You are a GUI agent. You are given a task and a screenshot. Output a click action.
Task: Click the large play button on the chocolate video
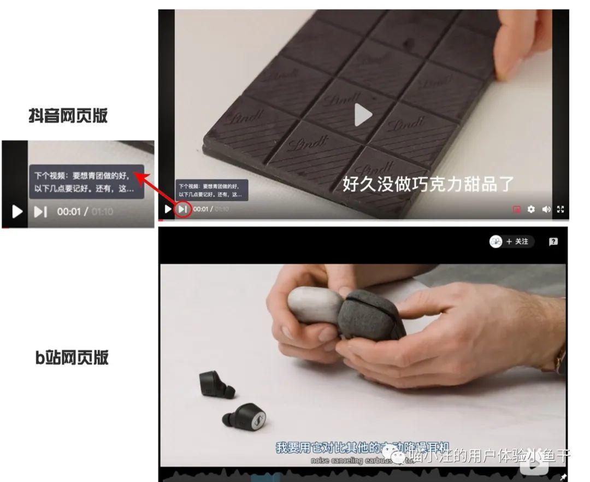tap(363, 115)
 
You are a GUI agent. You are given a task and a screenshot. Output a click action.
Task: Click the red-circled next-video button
tap(184, 209)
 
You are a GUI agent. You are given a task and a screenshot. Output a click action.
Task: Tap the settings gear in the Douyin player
tap(531, 209)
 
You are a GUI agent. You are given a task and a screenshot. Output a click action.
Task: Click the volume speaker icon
tap(546, 209)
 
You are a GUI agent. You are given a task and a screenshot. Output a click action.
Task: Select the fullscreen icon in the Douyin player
tap(560, 209)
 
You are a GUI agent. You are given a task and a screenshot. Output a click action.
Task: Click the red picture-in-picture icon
tap(516, 209)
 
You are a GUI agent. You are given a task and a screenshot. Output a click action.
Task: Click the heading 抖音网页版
tap(68, 116)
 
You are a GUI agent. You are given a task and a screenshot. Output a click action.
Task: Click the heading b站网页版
tap(72, 357)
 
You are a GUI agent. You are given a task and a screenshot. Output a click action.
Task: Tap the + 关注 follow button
tap(512, 242)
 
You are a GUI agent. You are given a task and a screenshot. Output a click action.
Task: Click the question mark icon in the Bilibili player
tap(553, 242)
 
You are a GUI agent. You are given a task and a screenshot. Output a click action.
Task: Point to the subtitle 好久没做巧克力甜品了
tap(428, 184)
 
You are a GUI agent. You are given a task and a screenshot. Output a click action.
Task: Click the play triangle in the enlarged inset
tap(17, 211)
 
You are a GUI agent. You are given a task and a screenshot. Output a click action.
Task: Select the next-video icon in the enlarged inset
tap(40, 211)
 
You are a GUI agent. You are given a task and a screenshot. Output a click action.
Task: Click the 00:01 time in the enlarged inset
tap(68, 211)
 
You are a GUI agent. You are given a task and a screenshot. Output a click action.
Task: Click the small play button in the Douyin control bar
tap(168, 209)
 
